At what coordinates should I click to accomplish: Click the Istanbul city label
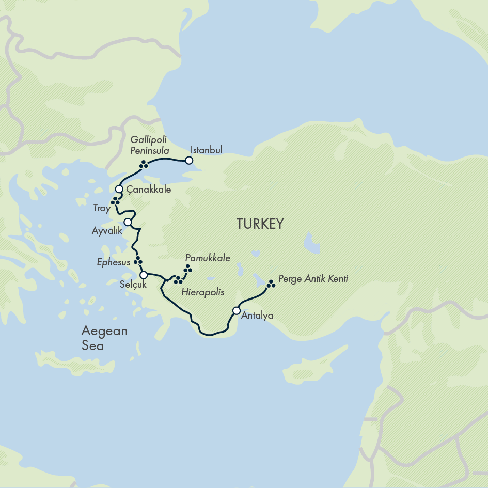click(206, 150)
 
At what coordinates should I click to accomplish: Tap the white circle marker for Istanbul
click(189, 161)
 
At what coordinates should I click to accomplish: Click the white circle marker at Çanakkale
click(119, 189)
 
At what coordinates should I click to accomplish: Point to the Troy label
click(102, 209)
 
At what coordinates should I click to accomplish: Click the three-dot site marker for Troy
click(116, 201)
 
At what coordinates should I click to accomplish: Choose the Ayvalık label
click(107, 231)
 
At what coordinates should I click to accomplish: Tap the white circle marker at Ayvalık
click(128, 222)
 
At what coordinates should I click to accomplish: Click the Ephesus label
click(114, 262)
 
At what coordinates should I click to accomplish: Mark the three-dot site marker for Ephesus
click(138, 260)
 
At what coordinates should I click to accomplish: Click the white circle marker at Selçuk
click(144, 275)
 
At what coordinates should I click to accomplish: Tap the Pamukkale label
click(208, 258)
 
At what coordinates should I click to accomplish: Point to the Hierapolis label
click(203, 292)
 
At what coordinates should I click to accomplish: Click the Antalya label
click(257, 316)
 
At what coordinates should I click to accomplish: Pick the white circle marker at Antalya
click(236, 311)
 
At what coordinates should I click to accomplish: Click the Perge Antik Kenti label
click(313, 279)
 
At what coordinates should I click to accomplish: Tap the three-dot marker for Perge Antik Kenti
click(271, 284)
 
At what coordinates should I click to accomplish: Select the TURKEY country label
click(260, 224)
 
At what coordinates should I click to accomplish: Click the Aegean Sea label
click(104, 338)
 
